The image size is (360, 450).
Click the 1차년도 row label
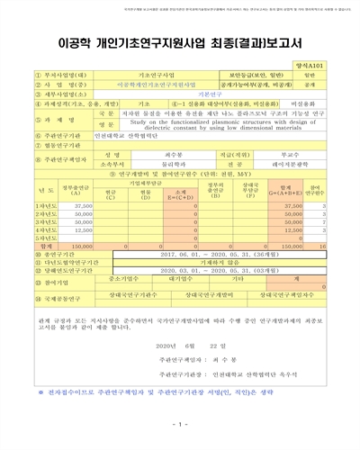(x=46, y=206)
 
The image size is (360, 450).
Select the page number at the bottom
(x=179, y=424)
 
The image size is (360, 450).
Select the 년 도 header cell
(x=46, y=189)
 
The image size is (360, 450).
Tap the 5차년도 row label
(x=46, y=237)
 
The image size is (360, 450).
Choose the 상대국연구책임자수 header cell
(x=287, y=294)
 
